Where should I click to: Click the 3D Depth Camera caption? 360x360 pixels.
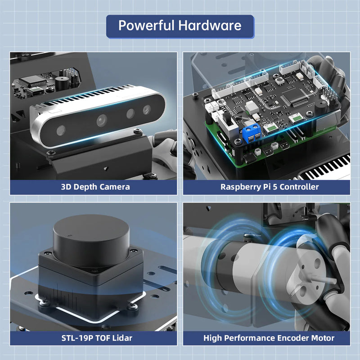95,187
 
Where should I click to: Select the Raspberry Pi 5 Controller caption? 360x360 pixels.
270,187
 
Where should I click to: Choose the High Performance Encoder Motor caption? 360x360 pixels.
269,338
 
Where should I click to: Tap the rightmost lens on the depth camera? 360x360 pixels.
147,109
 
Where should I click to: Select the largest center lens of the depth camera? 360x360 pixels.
101,120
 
